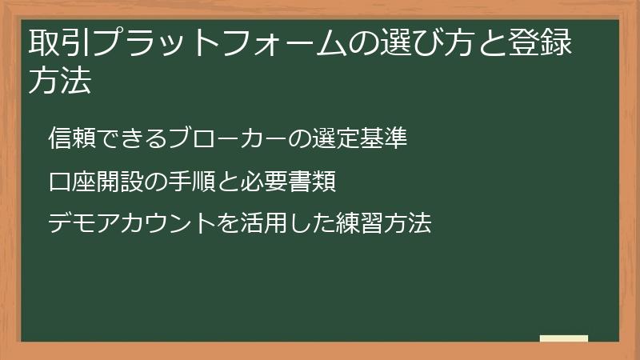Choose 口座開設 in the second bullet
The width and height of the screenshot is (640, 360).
(95, 182)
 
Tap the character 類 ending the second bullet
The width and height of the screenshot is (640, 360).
(323, 182)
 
